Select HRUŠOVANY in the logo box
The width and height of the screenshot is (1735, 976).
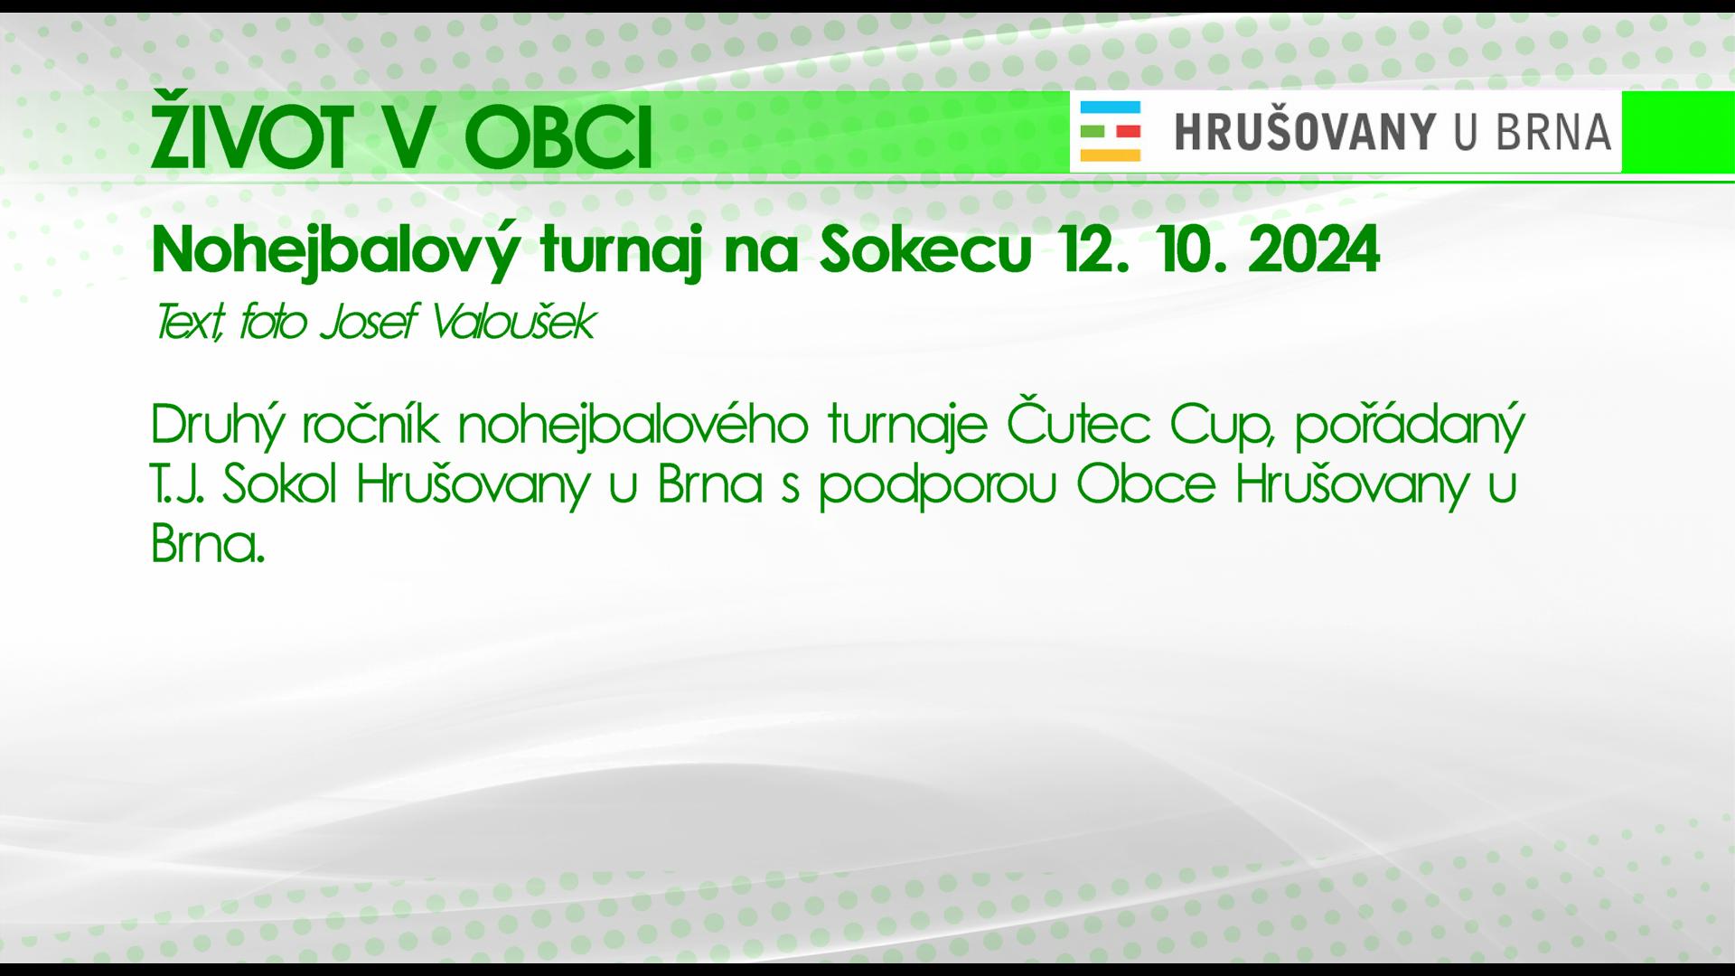tap(1305, 130)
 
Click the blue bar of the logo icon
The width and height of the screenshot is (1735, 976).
tap(1111, 106)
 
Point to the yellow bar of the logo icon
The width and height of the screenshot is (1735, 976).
tap(1111, 155)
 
